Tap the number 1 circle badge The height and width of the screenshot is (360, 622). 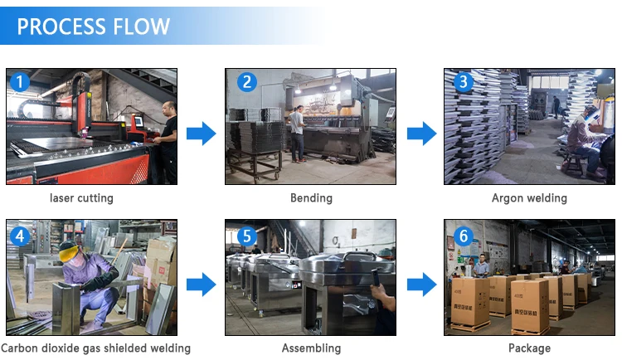(x=20, y=81)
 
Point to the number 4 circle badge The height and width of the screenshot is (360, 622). (x=20, y=236)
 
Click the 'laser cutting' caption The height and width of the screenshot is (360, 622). (x=82, y=198)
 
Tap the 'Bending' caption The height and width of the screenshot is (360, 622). (x=311, y=198)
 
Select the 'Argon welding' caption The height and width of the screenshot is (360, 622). (x=529, y=198)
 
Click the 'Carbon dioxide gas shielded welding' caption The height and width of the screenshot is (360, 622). (x=96, y=348)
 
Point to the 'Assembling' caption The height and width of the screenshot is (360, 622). (x=311, y=348)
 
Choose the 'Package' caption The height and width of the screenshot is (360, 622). (x=529, y=348)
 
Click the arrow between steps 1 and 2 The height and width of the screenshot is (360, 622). (x=201, y=133)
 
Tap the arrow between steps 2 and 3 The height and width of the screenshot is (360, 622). (x=420, y=133)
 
